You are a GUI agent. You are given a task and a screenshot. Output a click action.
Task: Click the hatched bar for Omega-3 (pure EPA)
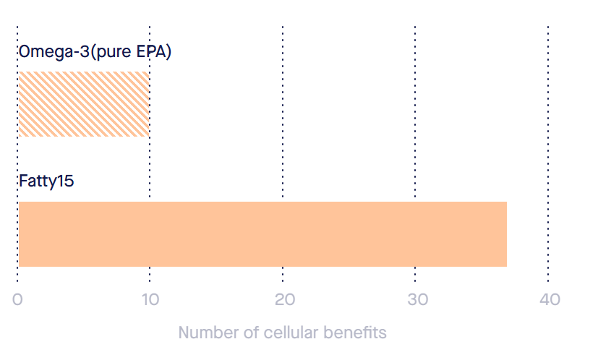[x=83, y=104]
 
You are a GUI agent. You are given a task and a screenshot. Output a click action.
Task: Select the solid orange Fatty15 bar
[x=262, y=234]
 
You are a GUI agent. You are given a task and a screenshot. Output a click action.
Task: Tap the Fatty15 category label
[x=46, y=181]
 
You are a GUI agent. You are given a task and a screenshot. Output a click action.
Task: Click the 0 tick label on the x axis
[x=18, y=300]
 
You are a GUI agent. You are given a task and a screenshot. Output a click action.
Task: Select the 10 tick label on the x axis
[x=150, y=300]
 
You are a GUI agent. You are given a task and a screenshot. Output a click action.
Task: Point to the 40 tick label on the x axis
[x=549, y=300]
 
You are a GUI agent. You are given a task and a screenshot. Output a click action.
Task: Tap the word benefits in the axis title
[x=356, y=333]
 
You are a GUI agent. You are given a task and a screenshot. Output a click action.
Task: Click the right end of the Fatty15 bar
[x=505, y=234]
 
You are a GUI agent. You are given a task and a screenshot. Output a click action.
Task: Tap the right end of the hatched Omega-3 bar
[x=147, y=104]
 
